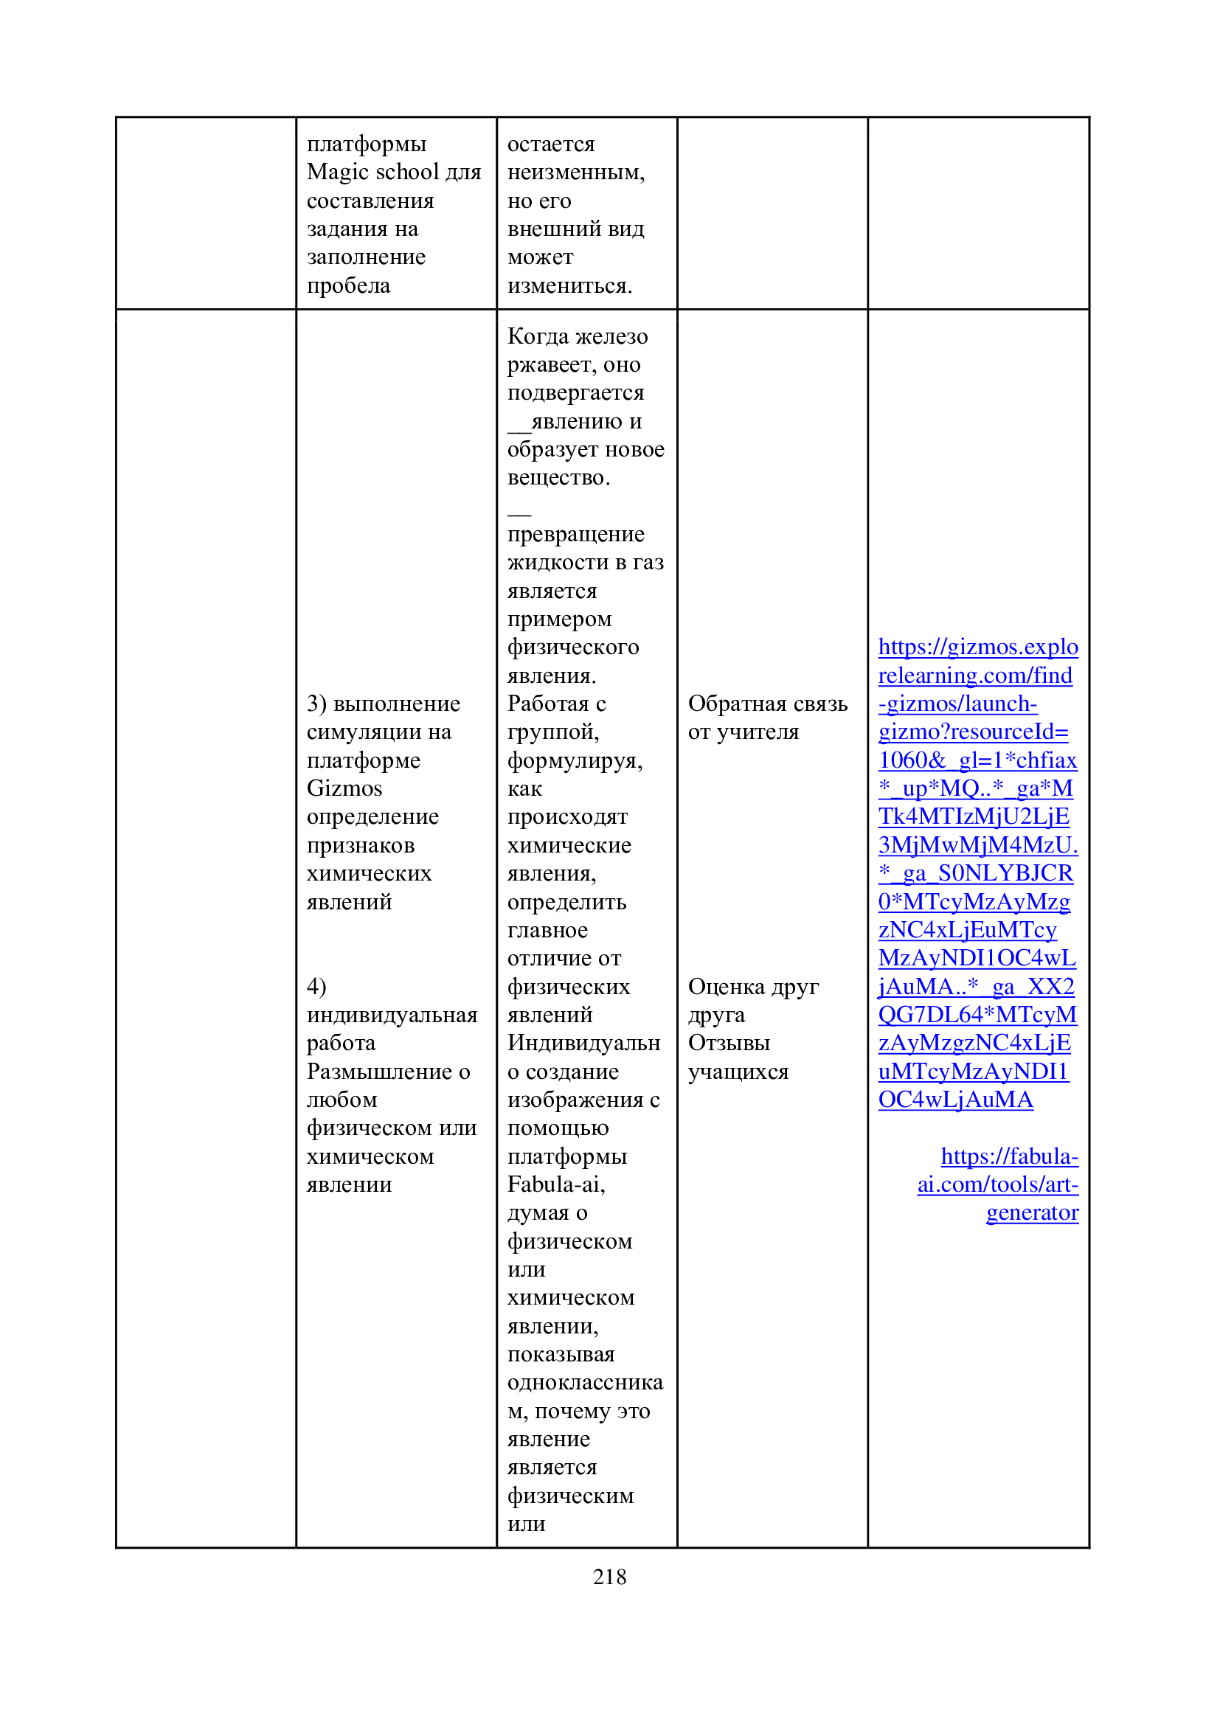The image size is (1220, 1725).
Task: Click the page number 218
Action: pyautogui.click(x=609, y=1576)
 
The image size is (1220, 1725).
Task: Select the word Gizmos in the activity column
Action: pyautogui.click(x=344, y=788)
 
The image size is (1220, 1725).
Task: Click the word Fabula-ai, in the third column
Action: pyautogui.click(x=556, y=1184)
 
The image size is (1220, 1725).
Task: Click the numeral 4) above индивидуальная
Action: pyautogui.click(x=316, y=986)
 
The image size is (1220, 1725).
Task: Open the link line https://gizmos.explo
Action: pyautogui.click(x=977, y=647)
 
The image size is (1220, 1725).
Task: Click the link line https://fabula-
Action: pyautogui.click(x=1009, y=1156)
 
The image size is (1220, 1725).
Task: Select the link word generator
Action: pyautogui.click(x=1031, y=1212)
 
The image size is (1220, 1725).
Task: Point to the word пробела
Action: pyautogui.click(x=348, y=285)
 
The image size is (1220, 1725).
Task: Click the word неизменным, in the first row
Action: pyautogui.click(x=575, y=172)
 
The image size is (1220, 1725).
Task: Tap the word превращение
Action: pyautogui.click(x=575, y=534)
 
